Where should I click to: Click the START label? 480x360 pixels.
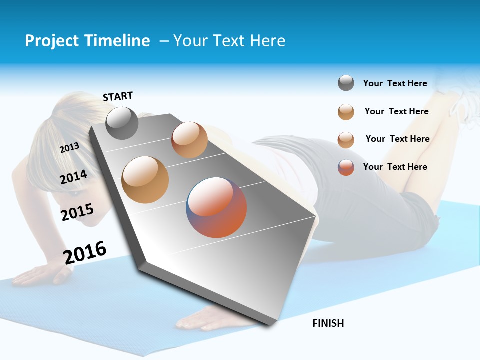[x=118, y=96]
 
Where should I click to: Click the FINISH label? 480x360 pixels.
[x=328, y=323]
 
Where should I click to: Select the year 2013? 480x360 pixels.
[x=69, y=148]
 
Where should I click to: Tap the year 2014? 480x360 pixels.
[x=73, y=177]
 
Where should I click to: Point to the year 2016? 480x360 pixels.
[x=84, y=253]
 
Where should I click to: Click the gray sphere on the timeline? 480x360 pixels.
[x=122, y=123]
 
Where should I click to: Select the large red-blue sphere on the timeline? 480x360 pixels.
[x=216, y=207]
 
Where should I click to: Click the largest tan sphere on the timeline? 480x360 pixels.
[x=145, y=180]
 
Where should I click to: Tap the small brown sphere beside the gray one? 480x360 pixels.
[x=189, y=140]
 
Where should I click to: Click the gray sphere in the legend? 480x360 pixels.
[x=346, y=83]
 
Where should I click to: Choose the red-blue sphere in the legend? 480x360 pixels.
[x=346, y=167]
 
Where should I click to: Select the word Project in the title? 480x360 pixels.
[x=51, y=41]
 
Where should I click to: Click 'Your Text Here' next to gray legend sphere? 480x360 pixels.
[x=395, y=83]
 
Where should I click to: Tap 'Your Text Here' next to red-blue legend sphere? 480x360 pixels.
[x=395, y=167]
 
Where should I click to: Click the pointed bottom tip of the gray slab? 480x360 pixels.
[x=270, y=324]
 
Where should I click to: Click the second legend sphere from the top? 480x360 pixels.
[x=346, y=112]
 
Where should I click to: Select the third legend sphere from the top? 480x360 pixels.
[x=346, y=140]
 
